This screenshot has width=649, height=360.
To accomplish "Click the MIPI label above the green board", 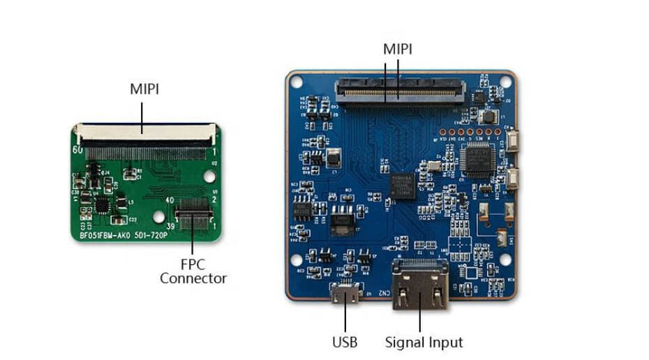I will [144, 89].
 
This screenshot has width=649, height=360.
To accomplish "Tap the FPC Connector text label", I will [193, 271].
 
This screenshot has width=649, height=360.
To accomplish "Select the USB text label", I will [345, 343].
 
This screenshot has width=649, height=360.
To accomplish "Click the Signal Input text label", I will [424, 343].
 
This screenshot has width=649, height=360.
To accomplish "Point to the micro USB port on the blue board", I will [346, 296].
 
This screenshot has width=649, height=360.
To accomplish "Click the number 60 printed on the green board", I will [78, 149].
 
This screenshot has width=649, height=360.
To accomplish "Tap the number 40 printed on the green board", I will [169, 200].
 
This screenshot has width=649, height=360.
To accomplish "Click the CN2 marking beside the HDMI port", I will [382, 292].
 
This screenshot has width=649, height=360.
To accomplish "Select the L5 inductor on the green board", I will [130, 202].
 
